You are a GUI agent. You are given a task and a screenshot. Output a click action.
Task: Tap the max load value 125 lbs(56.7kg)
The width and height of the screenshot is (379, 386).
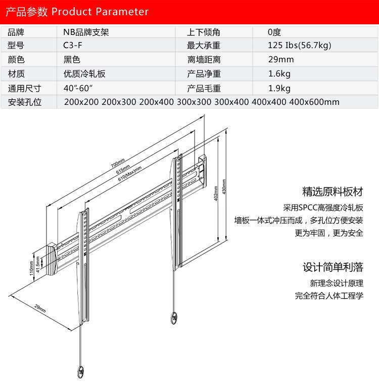pyautogui.click(x=300, y=46)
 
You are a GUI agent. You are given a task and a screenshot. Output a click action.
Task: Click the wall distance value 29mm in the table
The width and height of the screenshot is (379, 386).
pyautogui.click(x=281, y=59)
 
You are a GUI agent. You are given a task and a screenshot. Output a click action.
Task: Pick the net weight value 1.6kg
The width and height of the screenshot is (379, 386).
pyautogui.click(x=279, y=74)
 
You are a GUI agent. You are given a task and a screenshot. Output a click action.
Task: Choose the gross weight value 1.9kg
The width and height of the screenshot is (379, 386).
pyautogui.click(x=279, y=88)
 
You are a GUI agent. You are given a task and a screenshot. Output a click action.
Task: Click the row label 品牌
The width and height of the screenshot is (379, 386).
pyautogui.click(x=17, y=31)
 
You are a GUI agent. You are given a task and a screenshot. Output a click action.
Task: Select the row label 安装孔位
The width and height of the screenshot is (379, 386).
pyautogui.click(x=24, y=102)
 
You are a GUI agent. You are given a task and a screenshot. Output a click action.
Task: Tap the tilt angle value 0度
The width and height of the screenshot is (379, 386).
pyautogui.click(x=274, y=31)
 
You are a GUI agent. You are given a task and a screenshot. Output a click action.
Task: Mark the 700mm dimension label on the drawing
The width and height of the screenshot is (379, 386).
pyautogui.click(x=118, y=164)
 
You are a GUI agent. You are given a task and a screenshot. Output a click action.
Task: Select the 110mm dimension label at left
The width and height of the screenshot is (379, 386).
pyautogui.click(x=31, y=272)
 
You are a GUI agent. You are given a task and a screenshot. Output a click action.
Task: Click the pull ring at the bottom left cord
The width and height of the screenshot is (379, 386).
pyautogui.click(x=80, y=371)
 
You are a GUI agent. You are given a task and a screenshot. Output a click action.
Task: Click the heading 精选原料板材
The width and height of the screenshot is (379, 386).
pyautogui.click(x=333, y=192)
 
